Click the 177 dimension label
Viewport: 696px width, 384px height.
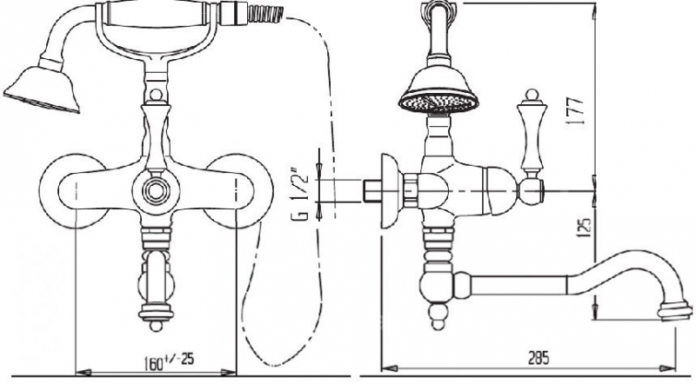pos(576,111)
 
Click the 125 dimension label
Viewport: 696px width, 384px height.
pos(585,227)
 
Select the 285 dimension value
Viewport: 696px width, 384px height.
pos(539,357)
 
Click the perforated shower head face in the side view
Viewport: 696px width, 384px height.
pos(438,103)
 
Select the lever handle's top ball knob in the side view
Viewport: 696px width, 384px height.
pos(532,94)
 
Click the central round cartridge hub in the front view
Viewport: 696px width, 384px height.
pos(156,191)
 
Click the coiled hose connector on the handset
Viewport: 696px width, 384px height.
pos(265,13)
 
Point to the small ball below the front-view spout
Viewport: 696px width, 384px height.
pos(156,327)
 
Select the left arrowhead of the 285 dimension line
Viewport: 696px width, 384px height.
pos(389,368)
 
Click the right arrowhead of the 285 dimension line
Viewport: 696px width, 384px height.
pos(667,368)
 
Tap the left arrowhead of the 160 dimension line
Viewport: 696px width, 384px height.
pos(84,372)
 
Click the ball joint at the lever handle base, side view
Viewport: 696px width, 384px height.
pos(532,191)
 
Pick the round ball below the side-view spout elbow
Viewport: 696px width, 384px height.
pos(438,324)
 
